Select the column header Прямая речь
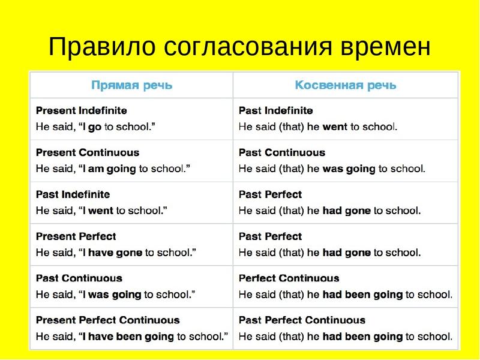pos(131,85)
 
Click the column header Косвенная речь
pos(346,85)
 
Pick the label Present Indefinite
pos(82,110)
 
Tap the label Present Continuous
pos(88,152)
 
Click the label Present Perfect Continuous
pos(108,320)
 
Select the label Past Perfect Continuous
pos(302,320)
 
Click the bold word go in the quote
pos(95,127)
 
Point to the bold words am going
pos(112,169)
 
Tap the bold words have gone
pos(115,253)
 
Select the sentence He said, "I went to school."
pos(101,211)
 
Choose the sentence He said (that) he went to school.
pos(318,127)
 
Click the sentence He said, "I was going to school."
pos(115,295)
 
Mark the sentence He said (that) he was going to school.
pos(332,169)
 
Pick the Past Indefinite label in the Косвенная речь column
pos(276,110)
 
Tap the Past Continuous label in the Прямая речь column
pos(79,278)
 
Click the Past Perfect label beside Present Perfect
pos(271,236)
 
